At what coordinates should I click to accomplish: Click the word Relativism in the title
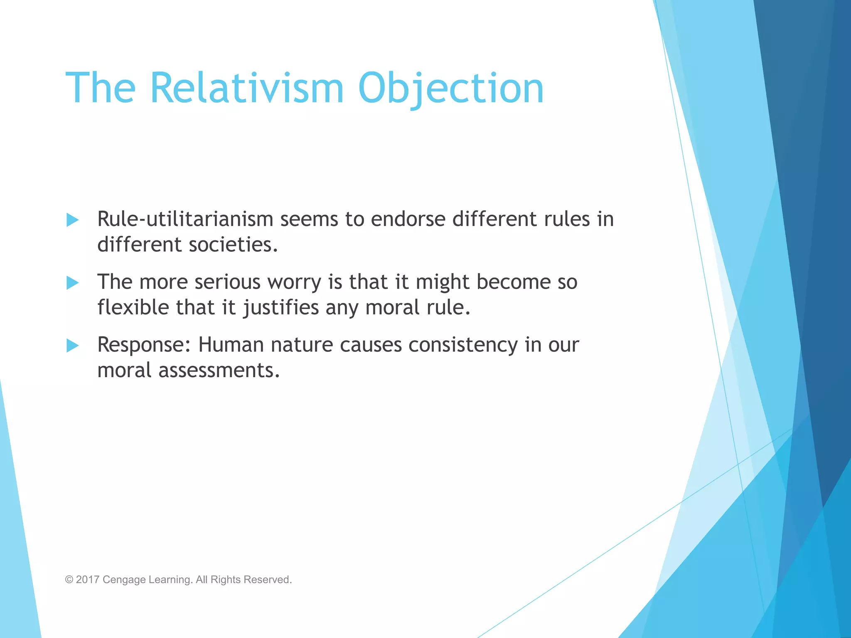246,88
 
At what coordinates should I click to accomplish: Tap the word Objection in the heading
450,88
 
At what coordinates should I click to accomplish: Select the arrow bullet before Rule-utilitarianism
73,220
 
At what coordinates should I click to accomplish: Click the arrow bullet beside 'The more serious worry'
73,283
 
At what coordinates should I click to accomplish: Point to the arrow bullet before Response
73,345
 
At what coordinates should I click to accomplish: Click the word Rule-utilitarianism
185,219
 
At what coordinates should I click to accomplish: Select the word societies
233,245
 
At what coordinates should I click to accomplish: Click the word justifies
281,308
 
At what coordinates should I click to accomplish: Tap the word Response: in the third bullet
144,345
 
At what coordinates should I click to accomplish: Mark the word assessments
219,371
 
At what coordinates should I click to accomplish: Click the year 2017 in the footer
88,579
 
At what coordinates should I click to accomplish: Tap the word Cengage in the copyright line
124,579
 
